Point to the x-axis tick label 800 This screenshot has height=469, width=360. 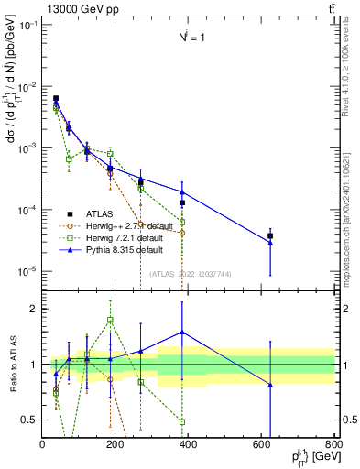[333, 445]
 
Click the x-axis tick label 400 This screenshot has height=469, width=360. [189, 445]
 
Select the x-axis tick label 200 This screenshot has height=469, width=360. [115, 445]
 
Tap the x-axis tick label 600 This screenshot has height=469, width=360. [261, 445]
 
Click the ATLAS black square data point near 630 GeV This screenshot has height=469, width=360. [296, 235]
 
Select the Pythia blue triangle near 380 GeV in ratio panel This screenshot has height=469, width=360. [182, 333]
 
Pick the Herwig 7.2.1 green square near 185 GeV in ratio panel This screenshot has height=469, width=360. [110, 320]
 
